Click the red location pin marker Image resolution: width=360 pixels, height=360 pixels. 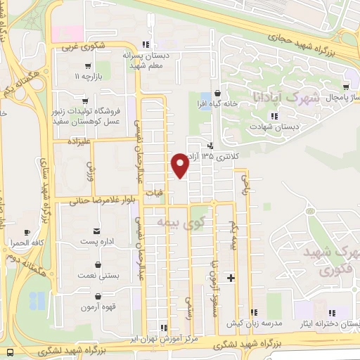(x=180, y=165)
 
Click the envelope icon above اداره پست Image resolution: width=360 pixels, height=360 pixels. (x=96, y=231)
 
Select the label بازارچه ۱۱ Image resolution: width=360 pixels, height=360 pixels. (x=89, y=75)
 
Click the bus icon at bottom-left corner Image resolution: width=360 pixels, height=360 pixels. (x=11, y=351)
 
